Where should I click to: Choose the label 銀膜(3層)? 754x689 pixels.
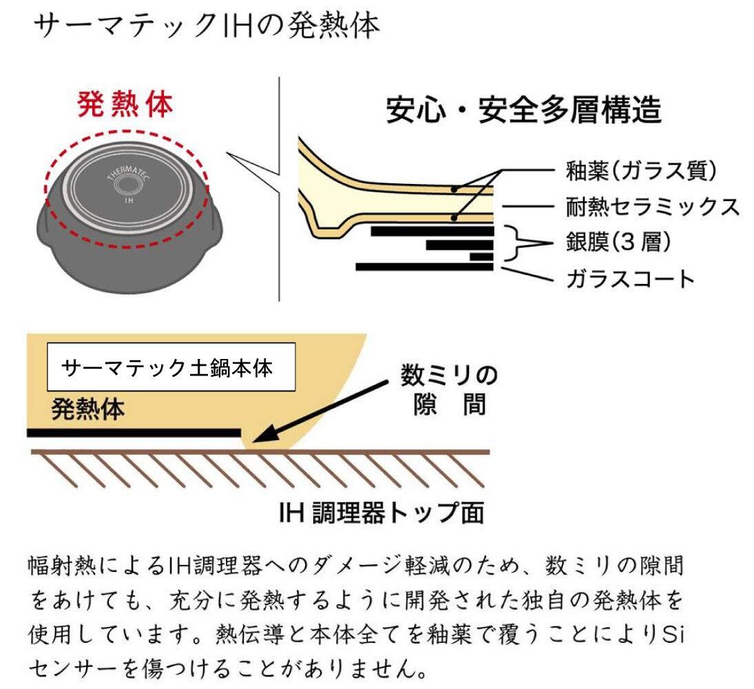tap(617, 243)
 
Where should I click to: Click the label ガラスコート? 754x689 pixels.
tap(629, 278)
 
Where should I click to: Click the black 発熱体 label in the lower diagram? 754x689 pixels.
tap(88, 410)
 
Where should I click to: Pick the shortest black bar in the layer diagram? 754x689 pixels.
tap(481, 256)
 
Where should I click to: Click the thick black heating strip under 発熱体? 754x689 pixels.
tap(134, 432)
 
